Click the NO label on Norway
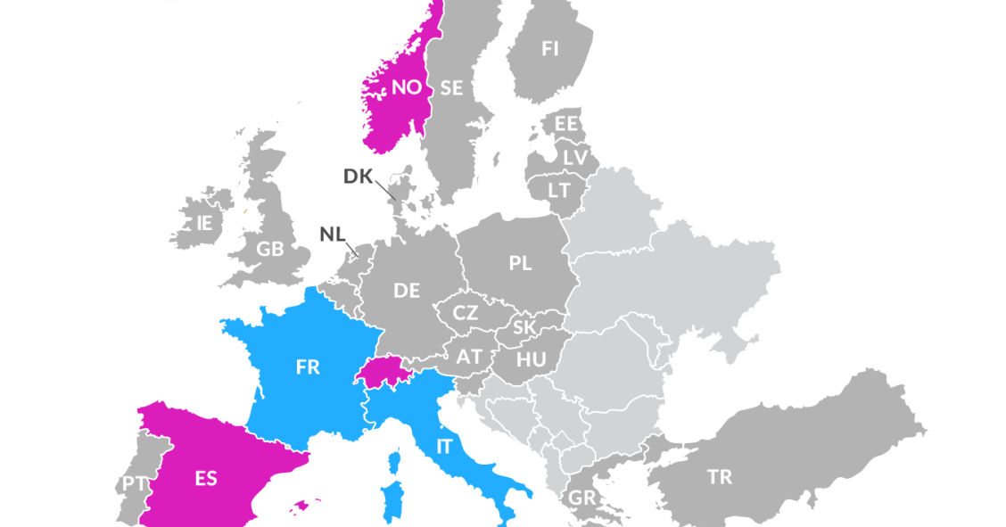406,87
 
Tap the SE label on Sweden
451,87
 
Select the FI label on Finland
550,49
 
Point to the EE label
566,124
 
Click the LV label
575,157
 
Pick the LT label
559,190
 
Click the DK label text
359,176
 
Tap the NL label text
332,235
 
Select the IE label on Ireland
204,223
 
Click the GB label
270,250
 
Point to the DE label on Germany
407,290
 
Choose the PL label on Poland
520,263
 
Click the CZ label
466,313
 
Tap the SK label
524,327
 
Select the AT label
469,357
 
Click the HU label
531,359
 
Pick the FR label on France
308,366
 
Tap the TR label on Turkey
720,477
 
